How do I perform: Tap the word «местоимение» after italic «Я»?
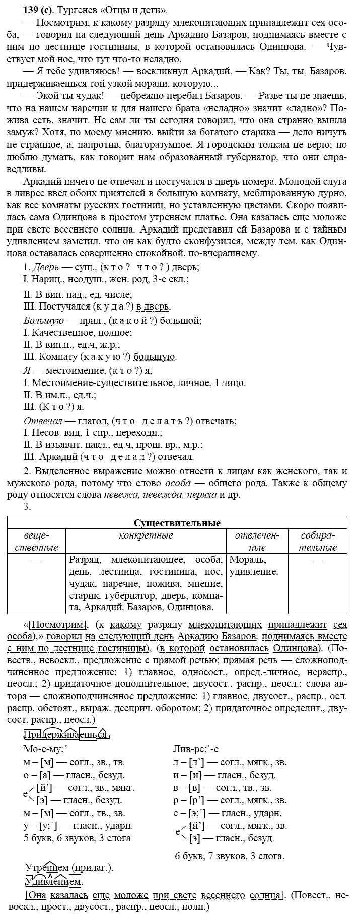(68, 370)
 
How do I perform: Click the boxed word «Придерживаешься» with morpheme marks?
(66, 734)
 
